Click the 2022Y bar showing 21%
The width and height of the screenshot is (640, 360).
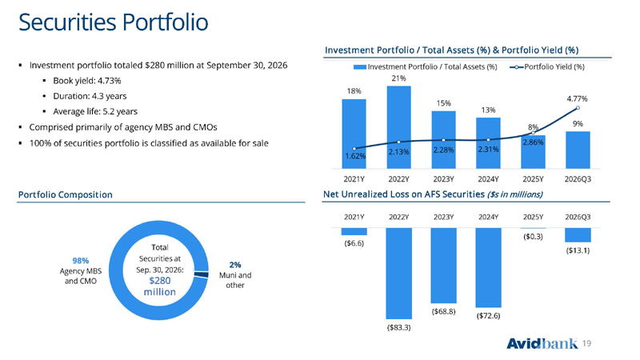click(x=398, y=127)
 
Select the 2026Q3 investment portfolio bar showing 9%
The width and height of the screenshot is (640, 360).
click(x=578, y=150)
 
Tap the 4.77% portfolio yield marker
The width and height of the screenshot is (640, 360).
click(x=578, y=108)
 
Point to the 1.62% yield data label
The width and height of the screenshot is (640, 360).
click(x=355, y=156)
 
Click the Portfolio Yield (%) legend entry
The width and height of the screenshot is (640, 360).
click(x=547, y=67)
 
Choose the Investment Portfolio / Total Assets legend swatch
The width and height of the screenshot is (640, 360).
click(x=359, y=67)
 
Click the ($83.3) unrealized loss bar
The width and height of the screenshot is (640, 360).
click(x=398, y=273)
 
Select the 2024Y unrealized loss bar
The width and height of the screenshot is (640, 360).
click(x=488, y=267)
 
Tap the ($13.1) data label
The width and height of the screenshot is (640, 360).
click(x=578, y=250)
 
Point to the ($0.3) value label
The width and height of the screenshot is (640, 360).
click(x=533, y=236)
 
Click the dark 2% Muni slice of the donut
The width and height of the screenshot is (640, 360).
click(x=202, y=274)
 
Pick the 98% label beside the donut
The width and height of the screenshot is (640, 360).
click(x=81, y=261)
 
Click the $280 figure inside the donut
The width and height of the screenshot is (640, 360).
click(x=159, y=281)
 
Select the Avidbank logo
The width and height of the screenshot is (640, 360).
click(x=542, y=344)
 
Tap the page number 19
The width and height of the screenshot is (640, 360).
click(x=586, y=344)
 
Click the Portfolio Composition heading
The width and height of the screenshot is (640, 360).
click(x=66, y=194)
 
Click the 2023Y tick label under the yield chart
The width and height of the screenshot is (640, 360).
click(x=444, y=179)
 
